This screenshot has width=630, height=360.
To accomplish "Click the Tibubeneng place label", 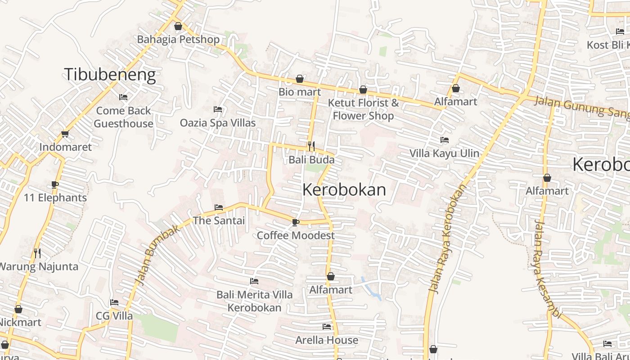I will (110, 74).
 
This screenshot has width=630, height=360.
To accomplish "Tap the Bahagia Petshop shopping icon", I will (178, 26).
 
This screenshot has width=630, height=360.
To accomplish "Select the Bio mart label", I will (300, 92).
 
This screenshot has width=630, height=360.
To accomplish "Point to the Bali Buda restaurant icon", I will (311, 146).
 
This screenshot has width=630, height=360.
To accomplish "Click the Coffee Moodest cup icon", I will (295, 222).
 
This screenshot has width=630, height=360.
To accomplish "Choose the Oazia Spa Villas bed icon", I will (218, 109).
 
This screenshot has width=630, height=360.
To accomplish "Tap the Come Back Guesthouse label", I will (124, 117).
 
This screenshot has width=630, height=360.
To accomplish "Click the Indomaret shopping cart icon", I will (65, 134).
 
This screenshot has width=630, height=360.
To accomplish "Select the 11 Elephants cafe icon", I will (55, 184).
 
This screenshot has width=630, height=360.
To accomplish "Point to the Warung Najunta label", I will (38, 266).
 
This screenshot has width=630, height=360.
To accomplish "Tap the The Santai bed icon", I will (219, 207).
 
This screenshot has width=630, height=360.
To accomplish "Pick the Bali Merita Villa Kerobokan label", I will (254, 301).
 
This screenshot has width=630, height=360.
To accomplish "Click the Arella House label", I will (327, 340).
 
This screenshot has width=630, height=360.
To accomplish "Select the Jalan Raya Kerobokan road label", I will (447, 239).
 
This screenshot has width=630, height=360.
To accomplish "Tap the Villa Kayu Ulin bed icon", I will (445, 140).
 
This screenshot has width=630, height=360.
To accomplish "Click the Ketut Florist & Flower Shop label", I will (363, 109).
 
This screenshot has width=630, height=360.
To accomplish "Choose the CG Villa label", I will (114, 316).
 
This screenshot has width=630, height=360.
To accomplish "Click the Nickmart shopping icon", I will (18, 309).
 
